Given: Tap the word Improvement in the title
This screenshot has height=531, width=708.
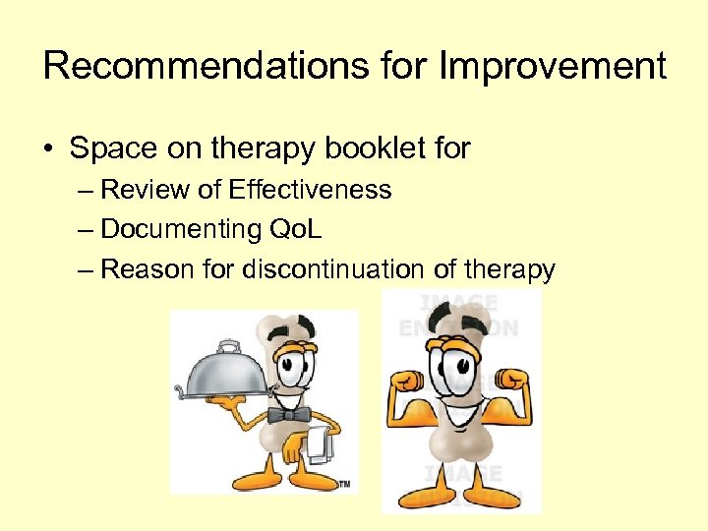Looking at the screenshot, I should click(553, 66).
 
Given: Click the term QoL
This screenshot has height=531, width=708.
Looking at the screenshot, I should click(296, 229).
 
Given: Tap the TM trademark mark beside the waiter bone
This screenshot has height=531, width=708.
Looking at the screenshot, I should click(344, 484).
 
